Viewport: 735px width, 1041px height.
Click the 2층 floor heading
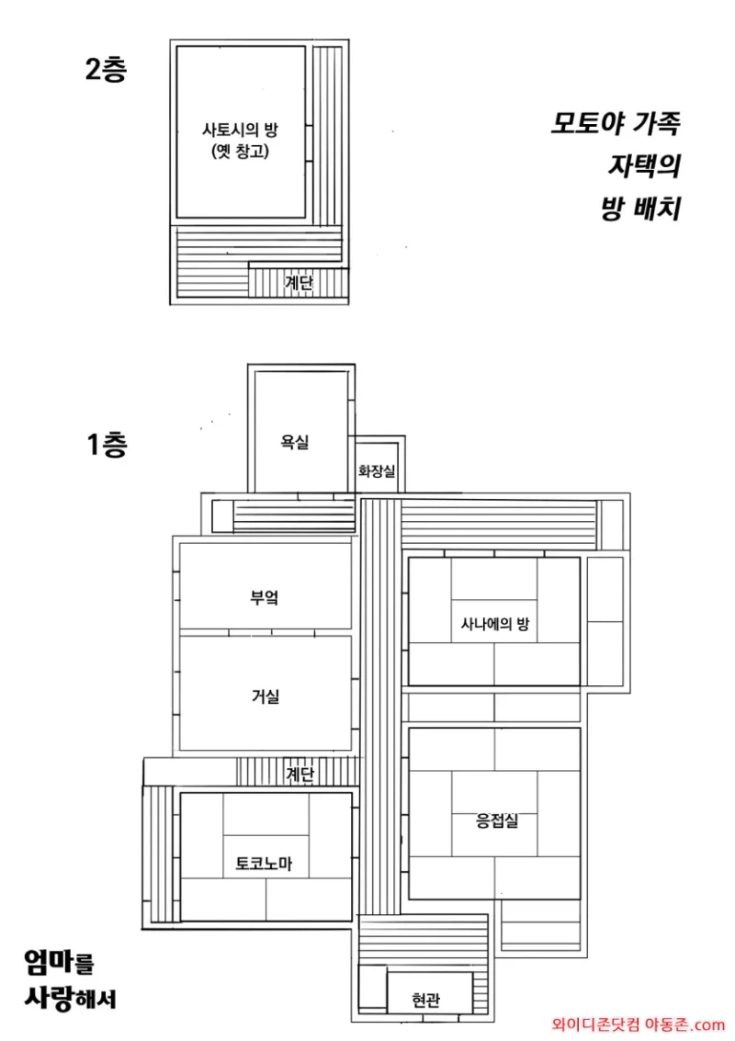point(106,69)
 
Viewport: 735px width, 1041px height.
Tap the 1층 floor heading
point(107,444)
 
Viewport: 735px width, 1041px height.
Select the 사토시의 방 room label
point(241,130)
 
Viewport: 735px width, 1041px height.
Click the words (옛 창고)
point(241,152)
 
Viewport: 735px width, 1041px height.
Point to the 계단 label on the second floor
point(299,283)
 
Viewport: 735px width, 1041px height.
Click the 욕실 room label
point(295,442)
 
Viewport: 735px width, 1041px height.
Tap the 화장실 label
point(377,470)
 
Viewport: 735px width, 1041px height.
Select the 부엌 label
point(265,597)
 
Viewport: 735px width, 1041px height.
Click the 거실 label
point(265,696)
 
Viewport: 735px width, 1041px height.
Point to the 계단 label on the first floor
point(300,774)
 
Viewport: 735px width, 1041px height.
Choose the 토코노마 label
point(264,864)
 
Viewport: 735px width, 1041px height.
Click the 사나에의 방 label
point(495,623)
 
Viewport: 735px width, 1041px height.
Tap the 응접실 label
point(497,820)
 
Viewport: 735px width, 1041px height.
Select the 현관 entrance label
point(425,1000)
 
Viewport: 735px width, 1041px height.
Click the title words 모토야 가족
point(616,123)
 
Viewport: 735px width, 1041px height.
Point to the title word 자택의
point(645,166)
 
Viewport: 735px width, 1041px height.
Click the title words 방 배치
point(641,209)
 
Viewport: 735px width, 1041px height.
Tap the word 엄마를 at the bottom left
point(59,962)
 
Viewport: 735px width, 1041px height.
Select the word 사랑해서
point(71,998)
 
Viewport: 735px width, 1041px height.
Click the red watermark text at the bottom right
point(638,1024)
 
